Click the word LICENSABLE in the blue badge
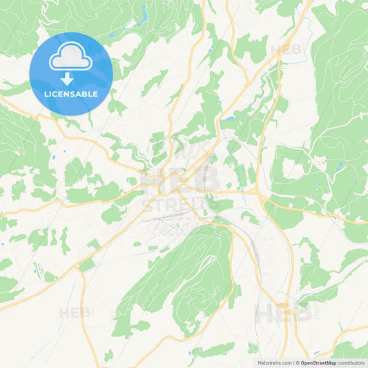[71, 94]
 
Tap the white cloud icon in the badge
[71, 59]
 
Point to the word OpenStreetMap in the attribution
[321, 362]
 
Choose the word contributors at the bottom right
[353, 362]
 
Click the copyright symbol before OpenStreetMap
[298, 362]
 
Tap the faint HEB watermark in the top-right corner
[285, 50]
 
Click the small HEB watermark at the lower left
[74, 313]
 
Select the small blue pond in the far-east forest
[338, 166]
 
